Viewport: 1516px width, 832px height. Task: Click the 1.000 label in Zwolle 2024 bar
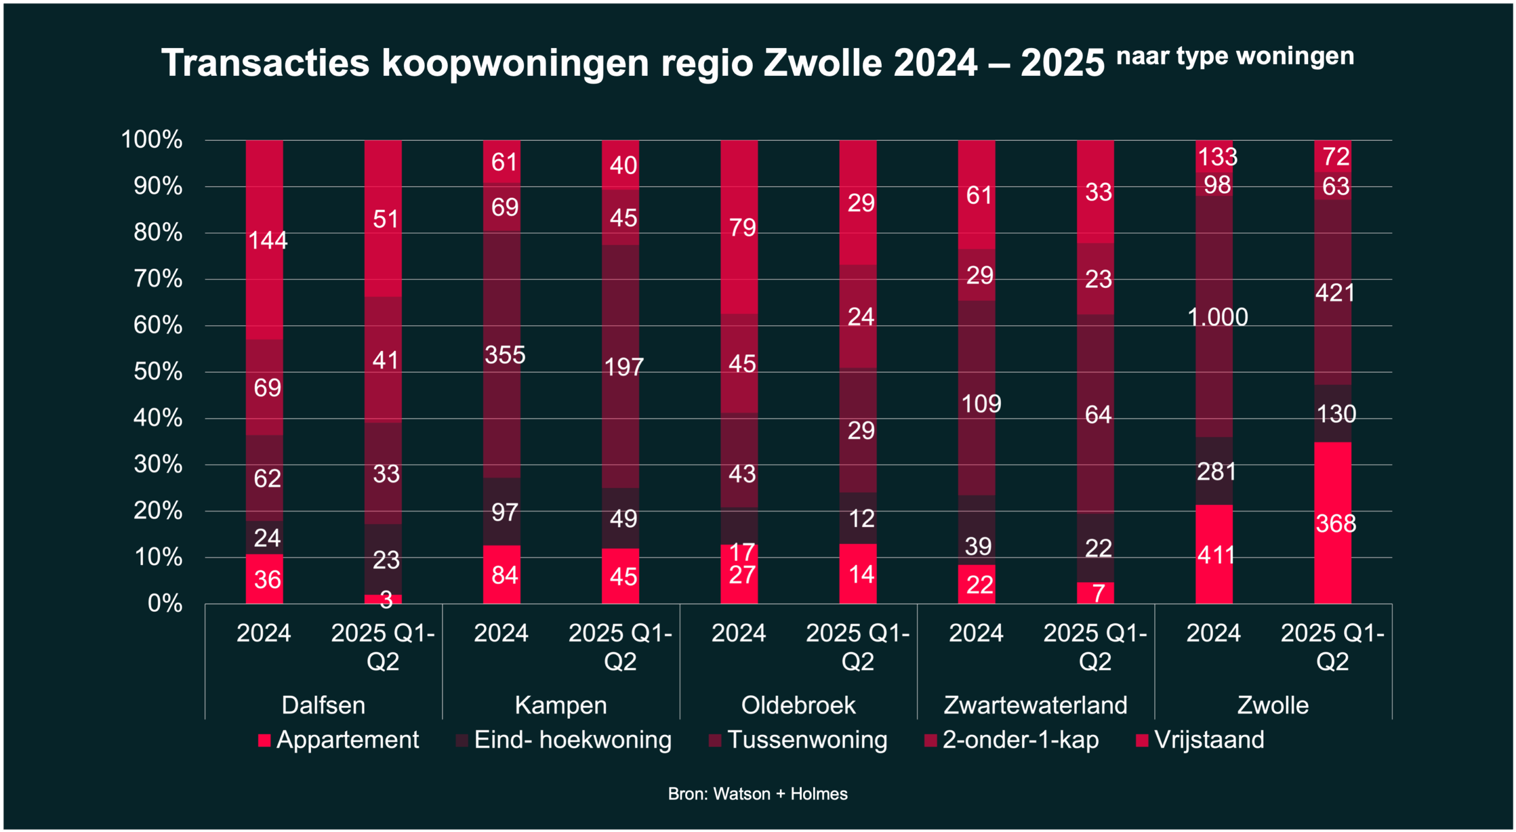tap(1218, 317)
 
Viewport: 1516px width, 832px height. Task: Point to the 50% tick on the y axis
tap(158, 372)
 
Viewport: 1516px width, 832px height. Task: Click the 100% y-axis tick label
tap(152, 140)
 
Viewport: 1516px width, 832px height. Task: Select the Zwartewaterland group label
tap(1035, 705)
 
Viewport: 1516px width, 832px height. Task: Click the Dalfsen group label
tap(323, 705)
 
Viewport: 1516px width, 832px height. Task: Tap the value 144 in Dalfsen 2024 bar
tap(268, 240)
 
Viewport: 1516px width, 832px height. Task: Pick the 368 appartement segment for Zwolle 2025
tap(1335, 523)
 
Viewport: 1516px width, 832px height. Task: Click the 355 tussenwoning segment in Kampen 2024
tap(505, 355)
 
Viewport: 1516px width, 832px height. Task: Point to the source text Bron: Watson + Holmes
tap(757, 794)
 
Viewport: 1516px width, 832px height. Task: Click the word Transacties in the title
tap(265, 63)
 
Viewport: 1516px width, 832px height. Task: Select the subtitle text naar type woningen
tap(1235, 57)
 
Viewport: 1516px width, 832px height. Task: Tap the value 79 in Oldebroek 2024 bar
tap(742, 227)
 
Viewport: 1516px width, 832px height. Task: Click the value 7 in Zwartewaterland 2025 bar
tap(1098, 593)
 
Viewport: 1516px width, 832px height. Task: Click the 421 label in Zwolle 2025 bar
tap(1335, 293)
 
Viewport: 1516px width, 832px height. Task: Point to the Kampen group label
tap(561, 705)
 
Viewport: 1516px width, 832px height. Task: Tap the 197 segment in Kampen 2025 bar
tap(624, 367)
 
